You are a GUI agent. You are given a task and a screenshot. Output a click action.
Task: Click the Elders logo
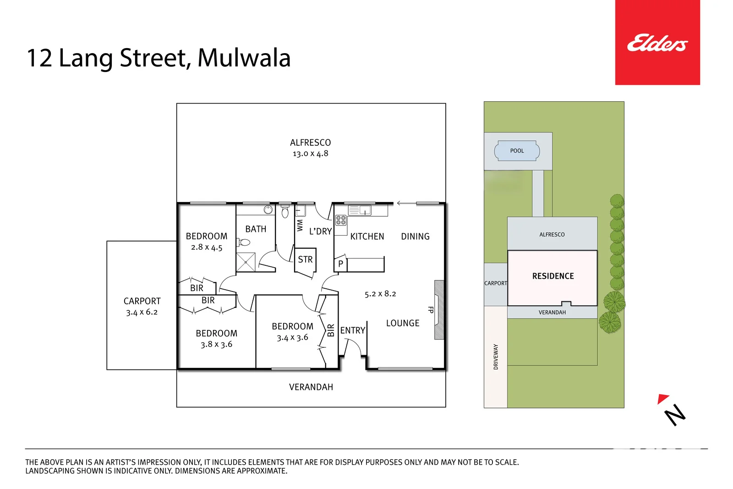[x=657, y=43]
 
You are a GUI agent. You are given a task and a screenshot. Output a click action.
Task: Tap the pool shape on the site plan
[x=517, y=151]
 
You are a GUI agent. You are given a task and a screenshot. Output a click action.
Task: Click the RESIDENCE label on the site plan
[x=552, y=276]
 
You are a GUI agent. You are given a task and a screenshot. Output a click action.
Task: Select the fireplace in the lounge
[x=438, y=310]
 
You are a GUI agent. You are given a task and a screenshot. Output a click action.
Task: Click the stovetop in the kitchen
[x=340, y=220]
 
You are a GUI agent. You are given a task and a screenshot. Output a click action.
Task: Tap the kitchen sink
[x=365, y=210]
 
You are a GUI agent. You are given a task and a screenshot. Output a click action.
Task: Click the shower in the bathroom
[x=246, y=262]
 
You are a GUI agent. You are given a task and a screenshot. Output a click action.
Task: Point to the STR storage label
[x=305, y=259]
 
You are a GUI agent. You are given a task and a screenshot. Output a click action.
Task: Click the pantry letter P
[x=340, y=264]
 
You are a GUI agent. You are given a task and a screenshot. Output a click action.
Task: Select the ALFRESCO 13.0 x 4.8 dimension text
[x=310, y=154]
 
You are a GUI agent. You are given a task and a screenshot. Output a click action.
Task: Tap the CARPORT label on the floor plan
[x=142, y=301]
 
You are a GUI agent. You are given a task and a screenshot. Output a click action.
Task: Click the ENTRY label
[x=352, y=330]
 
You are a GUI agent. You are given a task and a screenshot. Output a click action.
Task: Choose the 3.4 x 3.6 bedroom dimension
[x=292, y=338]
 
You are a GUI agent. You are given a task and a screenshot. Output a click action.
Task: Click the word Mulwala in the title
[x=244, y=58]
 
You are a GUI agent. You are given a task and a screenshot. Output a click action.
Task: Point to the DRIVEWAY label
[x=495, y=357]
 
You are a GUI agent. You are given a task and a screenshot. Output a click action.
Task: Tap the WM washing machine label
[x=300, y=225]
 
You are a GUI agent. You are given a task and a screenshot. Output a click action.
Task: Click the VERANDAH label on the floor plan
[x=311, y=387]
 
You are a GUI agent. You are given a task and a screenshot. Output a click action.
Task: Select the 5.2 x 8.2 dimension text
[x=380, y=294]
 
